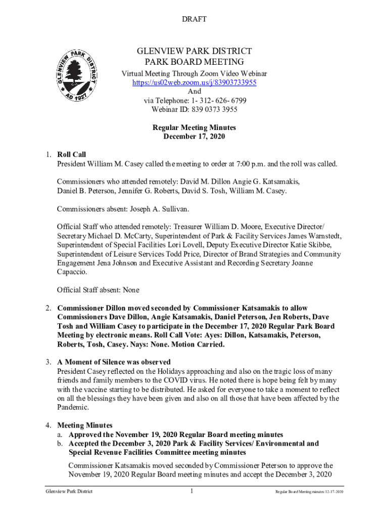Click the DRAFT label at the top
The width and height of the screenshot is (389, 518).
pos(194,19)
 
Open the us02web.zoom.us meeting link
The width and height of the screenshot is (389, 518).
pos(194,82)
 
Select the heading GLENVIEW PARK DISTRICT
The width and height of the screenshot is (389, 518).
pos(194,51)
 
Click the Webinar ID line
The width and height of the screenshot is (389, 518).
pos(194,110)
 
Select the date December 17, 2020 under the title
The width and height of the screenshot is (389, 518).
pos(194,137)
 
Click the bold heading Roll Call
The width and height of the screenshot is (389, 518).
pos(71,155)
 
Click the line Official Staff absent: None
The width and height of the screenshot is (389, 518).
pos(98,290)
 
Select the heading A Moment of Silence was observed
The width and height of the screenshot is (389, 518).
pos(114,362)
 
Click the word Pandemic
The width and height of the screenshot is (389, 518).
pos(74,407)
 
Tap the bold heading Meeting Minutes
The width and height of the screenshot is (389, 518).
pos(84,425)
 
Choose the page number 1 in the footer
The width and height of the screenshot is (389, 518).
pos(192,491)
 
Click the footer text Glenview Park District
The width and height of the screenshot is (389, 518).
pos(69,492)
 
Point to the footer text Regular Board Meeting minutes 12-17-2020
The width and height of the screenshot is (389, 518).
pos(309,492)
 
